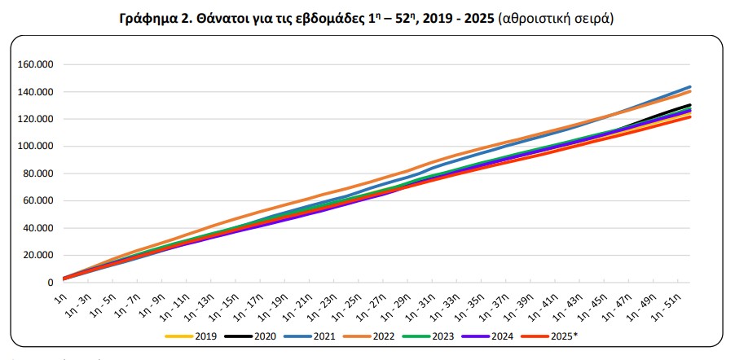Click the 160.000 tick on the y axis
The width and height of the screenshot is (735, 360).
(x=34, y=65)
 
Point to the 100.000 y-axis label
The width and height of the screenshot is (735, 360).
(x=34, y=147)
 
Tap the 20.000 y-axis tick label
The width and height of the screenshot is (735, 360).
(x=37, y=255)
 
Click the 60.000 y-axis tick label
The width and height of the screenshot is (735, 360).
(x=37, y=200)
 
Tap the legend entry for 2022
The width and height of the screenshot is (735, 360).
(x=372, y=336)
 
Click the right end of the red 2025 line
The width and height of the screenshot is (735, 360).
(x=690, y=117)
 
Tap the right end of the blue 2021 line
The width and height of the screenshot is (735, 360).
(x=690, y=87)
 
